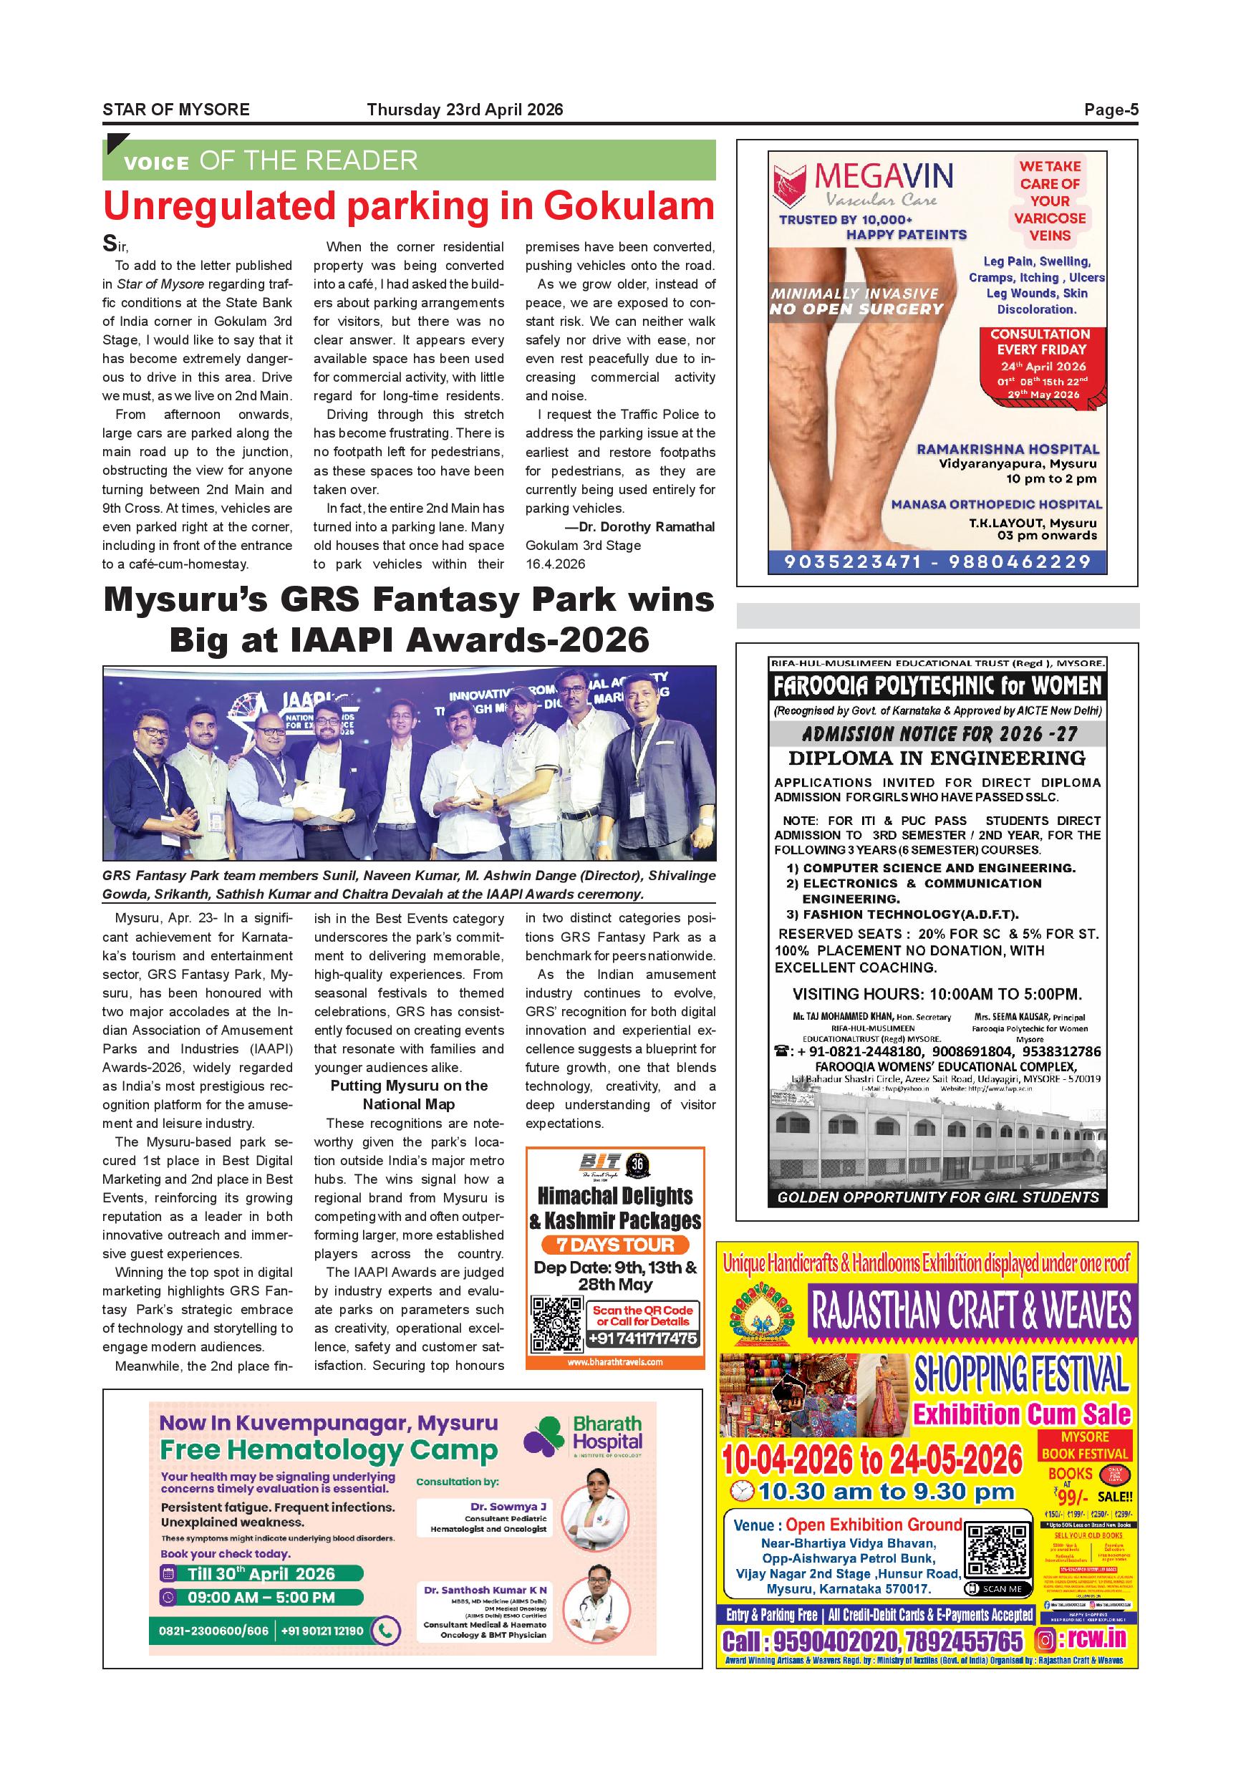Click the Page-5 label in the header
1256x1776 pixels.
(x=1111, y=110)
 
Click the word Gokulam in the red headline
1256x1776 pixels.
(x=628, y=206)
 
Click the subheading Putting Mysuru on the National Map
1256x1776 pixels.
(x=408, y=1094)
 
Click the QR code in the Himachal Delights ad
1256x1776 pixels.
(x=558, y=1323)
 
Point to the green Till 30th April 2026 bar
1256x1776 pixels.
(x=261, y=1573)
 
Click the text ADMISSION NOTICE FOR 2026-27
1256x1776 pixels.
(x=939, y=733)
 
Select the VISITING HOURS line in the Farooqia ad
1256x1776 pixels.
(x=937, y=994)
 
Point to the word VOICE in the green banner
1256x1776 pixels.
(x=156, y=163)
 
